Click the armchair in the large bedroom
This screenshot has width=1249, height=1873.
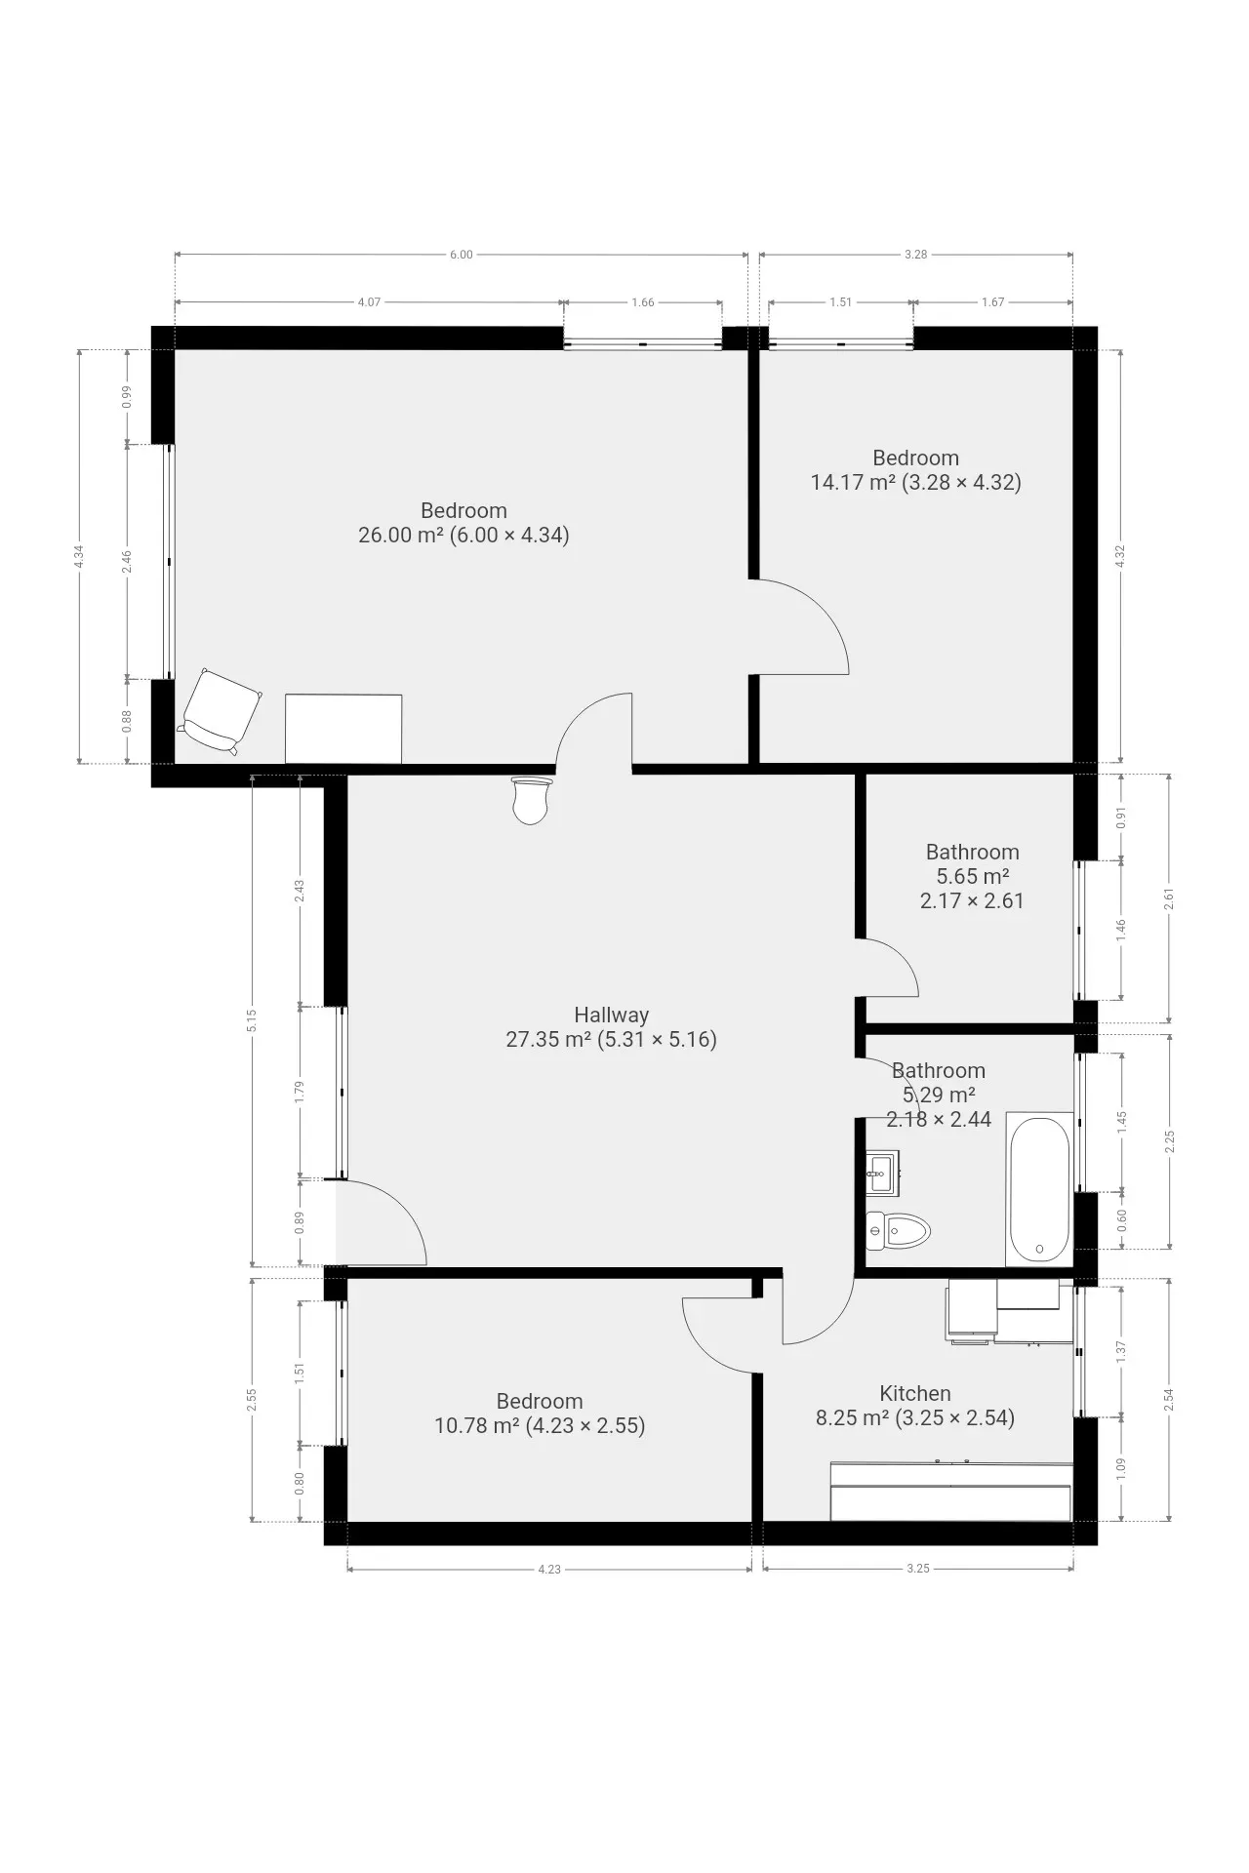pos(221,711)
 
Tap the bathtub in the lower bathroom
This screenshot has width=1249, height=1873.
pos(1039,1187)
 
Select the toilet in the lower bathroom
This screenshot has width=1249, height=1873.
pos(899,1231)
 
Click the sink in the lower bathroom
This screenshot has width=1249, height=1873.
pos(883,1172)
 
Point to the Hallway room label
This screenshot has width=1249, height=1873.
pos(611,1015)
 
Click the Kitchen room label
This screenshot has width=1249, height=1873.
pos(915,1393)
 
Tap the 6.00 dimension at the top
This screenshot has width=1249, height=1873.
pos(461,255)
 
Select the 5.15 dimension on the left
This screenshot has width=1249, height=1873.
pos(252,1020)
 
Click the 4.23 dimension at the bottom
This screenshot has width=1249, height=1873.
pos(549,1570)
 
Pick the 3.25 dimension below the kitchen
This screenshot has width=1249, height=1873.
pos(917,1570)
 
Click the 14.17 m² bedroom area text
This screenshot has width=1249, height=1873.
pos(854,482)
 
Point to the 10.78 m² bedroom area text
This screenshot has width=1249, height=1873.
pos(477,1426)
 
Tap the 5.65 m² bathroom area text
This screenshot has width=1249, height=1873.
pos(973,876)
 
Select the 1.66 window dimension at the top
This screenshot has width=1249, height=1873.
pos(642,302)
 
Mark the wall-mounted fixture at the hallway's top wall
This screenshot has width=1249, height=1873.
pos(532,800)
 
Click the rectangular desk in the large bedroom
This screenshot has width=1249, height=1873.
pos(343,729)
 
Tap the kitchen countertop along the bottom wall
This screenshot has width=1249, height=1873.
pos(950,1492)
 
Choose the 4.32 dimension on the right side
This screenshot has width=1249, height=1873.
pos(1120,556)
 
